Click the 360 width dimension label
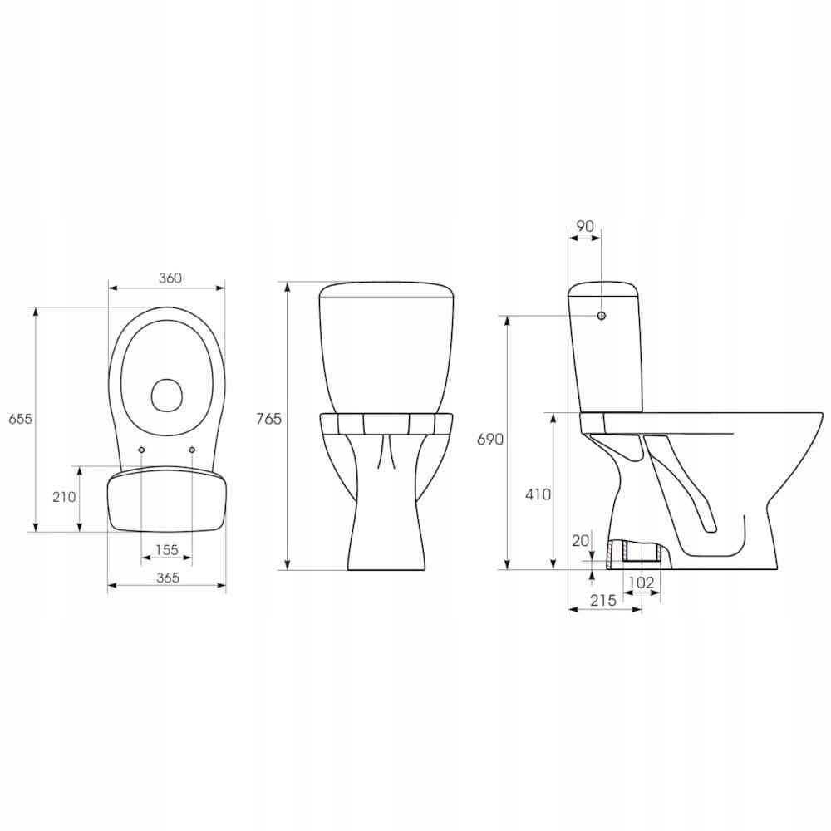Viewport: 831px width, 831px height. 170,278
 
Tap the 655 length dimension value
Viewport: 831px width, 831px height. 20,419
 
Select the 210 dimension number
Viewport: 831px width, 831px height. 64,497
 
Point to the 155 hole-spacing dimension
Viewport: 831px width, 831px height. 167,550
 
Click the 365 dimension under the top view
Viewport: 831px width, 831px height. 168,578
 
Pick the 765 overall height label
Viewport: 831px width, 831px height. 268,419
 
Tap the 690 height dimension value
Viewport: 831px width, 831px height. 490,440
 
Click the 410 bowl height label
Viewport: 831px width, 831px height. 538,494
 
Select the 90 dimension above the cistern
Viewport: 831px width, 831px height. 584,226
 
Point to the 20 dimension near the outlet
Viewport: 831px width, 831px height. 581,541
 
